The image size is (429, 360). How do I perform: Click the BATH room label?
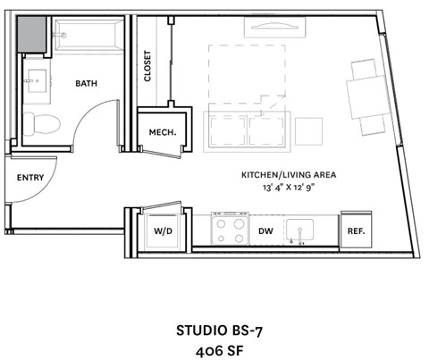click(x=87, y=83)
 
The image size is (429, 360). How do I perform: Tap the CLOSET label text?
click(x=148, y=66)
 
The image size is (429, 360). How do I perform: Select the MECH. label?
click(x=162, y=133)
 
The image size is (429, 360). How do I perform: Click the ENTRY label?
click(x=29, y=178)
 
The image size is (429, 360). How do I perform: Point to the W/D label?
click(x=163, y=230)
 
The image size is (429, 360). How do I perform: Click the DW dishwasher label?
click(x=265, y=230)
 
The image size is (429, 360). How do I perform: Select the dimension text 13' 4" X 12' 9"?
click(x=288, y=188)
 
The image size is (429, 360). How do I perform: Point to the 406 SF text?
click(x=214, y=350)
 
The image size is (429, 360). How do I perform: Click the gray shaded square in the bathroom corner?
click(x=33, y=37)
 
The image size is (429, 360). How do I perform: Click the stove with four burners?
click(x=228, y=230)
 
